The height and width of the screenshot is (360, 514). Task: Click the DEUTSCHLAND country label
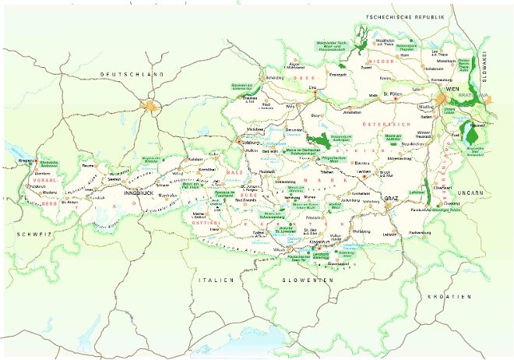click(132, 74)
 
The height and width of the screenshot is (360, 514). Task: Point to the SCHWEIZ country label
click(28, 210)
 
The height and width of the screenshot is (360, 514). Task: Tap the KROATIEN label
click(449, 297)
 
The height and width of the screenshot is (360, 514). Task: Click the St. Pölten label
click(387, 96)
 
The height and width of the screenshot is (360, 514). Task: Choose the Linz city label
click(312, 88)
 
